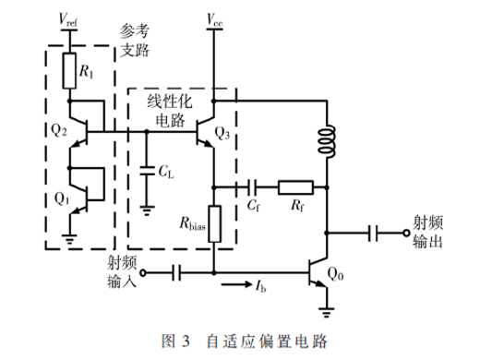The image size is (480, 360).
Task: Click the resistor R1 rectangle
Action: [69, 71]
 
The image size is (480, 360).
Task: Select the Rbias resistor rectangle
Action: [214, 224]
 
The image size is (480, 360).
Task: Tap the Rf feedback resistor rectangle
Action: [295, 187]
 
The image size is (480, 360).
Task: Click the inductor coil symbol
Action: [327, 141]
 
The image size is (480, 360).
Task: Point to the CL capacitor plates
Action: [147, 172]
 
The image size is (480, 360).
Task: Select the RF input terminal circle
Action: [143, 272]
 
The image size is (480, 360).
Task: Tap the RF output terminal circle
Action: [406, 233]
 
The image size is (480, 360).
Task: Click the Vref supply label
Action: [68, 20]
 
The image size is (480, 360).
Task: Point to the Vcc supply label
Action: [214, 20]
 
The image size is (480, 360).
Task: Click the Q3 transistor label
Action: [222, 133]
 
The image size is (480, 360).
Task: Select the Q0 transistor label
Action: [335, 273]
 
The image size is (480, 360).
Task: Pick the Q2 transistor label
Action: [59, 130]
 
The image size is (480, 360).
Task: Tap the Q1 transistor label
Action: [62, 198]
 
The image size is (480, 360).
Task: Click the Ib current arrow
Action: [236, 284]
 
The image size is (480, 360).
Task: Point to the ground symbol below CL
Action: [147, 210]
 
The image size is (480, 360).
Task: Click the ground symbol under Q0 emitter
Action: [327, 312]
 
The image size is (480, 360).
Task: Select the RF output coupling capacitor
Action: [373, 233]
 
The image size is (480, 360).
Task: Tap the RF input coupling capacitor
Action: [176, 272]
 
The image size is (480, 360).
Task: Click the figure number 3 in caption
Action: [186, 342]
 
